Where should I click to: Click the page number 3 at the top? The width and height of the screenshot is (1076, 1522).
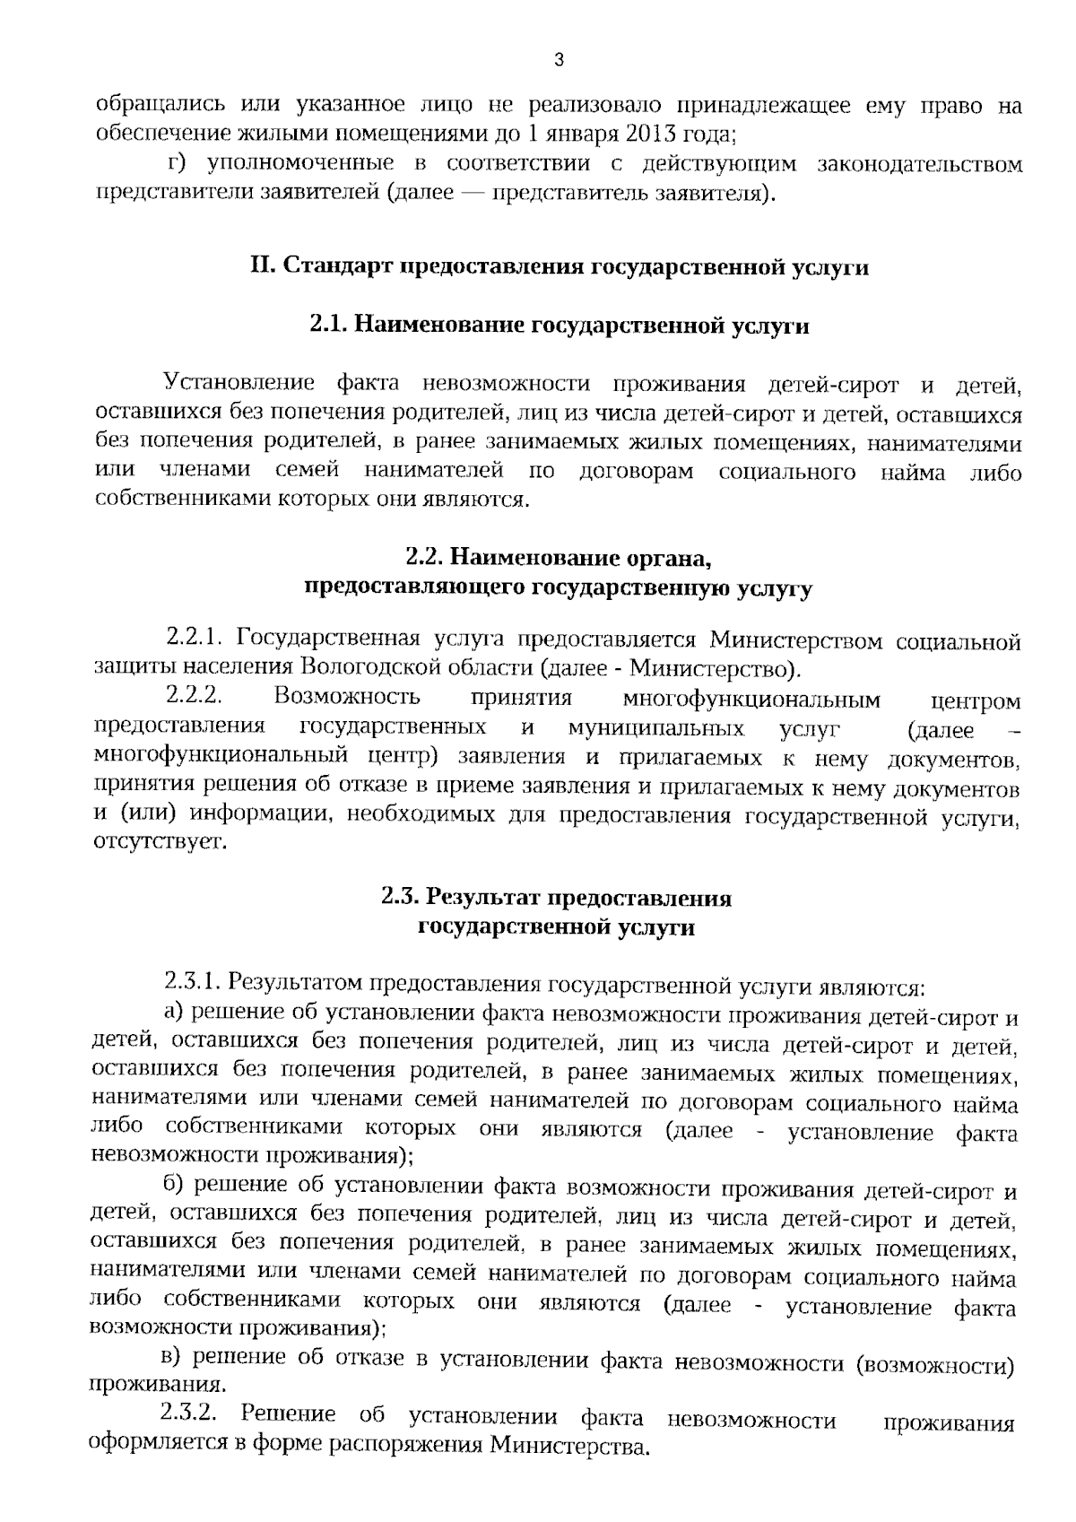(560, 61)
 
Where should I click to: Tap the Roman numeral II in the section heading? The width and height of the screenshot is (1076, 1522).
(263, 267)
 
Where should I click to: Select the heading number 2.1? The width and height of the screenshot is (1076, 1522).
(327, 326)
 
